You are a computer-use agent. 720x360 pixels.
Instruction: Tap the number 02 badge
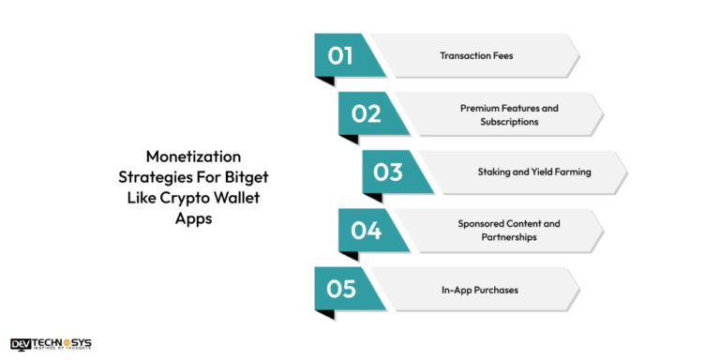tap(366, 113)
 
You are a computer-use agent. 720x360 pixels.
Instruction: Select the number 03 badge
tap(389, 172)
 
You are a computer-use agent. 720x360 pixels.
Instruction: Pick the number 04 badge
tap(366, 231)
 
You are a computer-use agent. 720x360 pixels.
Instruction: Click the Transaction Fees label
tap(476, 56)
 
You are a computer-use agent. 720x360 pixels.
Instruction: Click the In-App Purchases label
tap(479, 290)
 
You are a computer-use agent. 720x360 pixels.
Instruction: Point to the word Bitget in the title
tap(247, 177)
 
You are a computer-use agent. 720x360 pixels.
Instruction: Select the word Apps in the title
tap(193, 217)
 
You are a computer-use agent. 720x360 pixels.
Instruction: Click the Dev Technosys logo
tap(51, 344)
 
